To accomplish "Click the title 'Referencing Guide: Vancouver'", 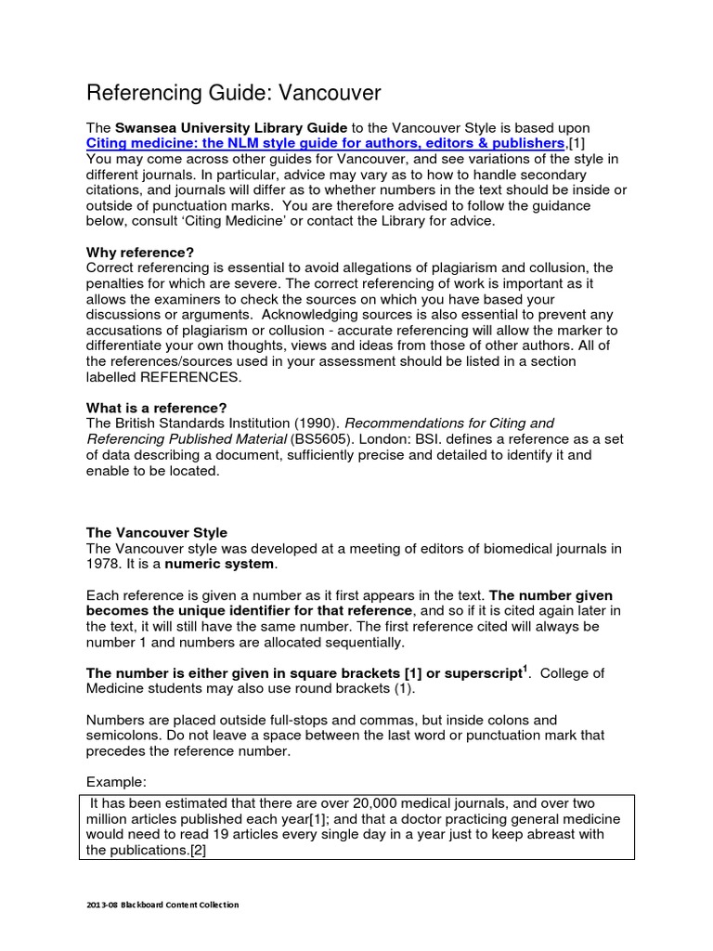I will coord(234,93).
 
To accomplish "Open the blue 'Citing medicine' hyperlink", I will coord(325,143).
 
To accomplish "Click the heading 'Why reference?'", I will coord(140,252).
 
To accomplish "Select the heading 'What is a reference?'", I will coord(156,408).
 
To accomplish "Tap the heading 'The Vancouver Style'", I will coord(156,532).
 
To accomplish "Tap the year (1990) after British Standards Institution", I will coord(312,423).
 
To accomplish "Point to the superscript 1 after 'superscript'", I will coord(525,667).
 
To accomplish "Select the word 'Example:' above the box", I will coord(117,782).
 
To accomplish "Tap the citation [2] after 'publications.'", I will coord(197,850).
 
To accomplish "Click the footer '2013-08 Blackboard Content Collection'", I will coord(162,905).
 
